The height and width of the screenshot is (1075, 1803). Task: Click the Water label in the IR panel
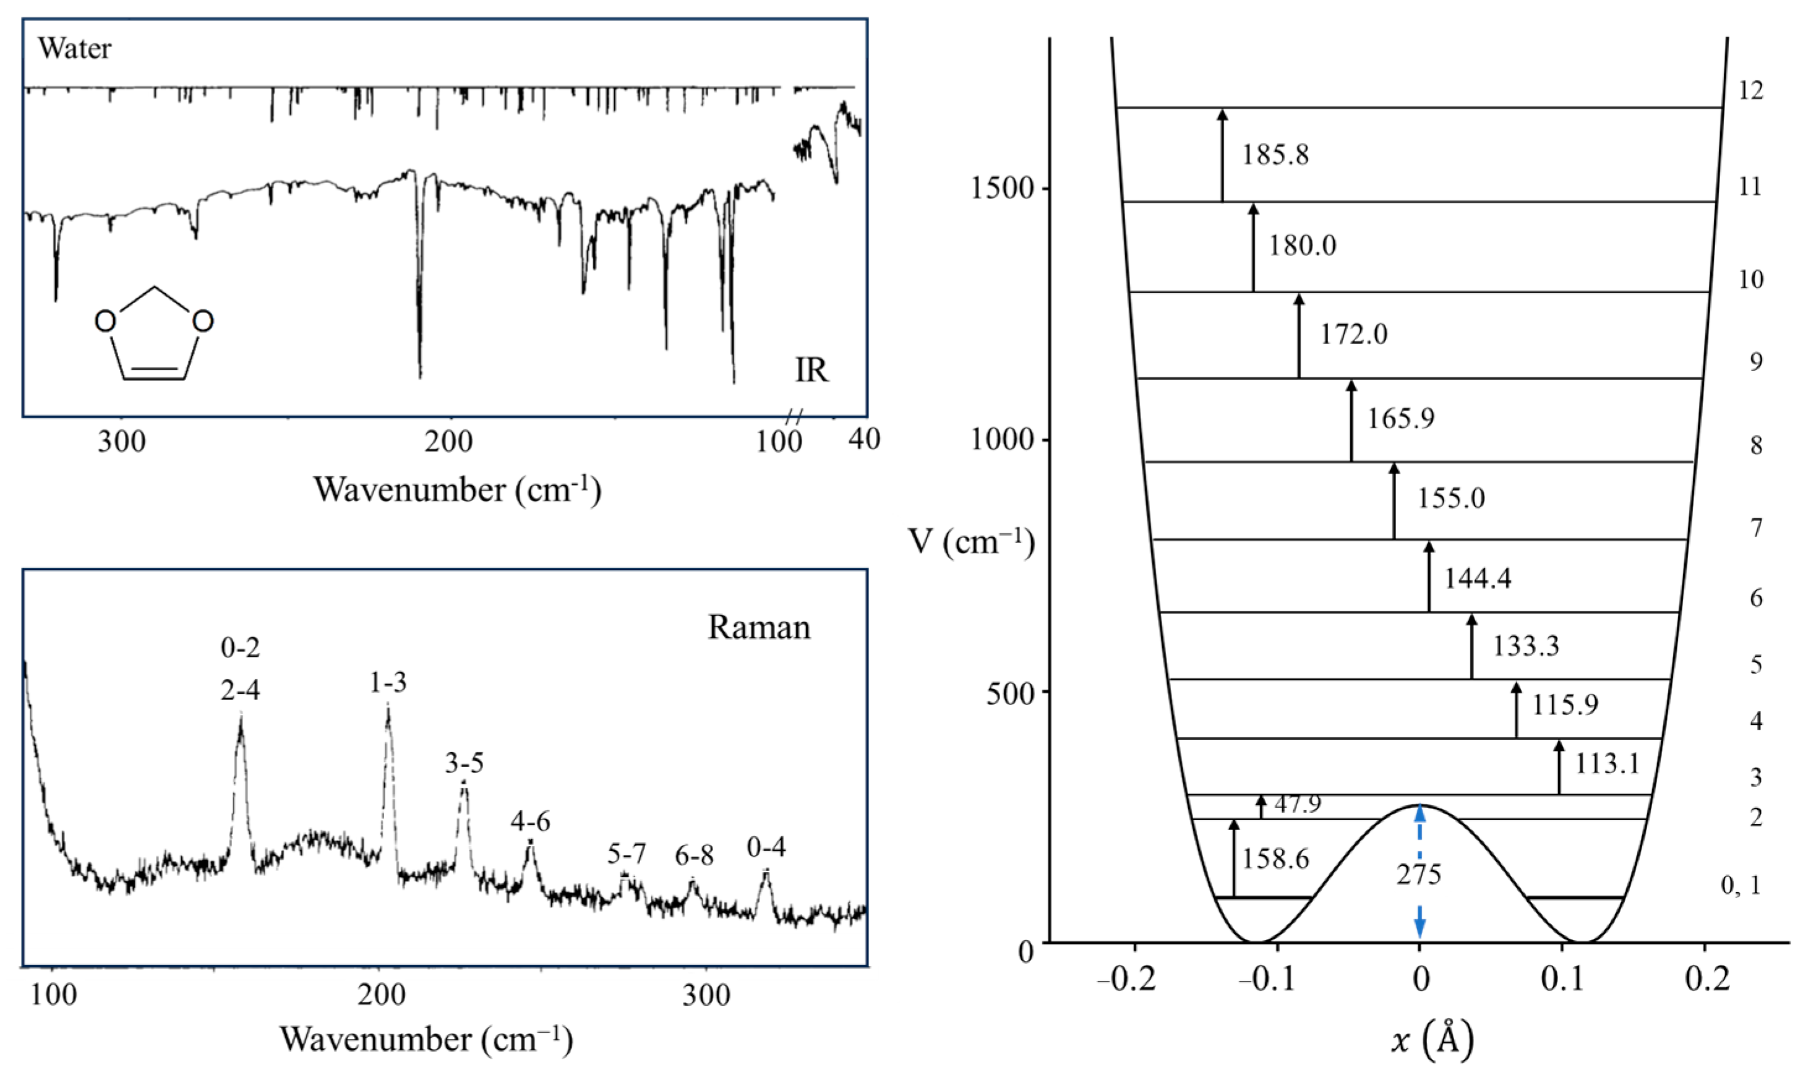tap(75, 48)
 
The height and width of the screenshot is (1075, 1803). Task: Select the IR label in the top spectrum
tap(811, 370)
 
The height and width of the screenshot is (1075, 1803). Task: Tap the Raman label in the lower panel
tap(758, 627)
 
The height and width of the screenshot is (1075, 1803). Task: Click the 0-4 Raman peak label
tap(766, 847)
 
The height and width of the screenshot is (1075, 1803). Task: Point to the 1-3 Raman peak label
tap(388, 682)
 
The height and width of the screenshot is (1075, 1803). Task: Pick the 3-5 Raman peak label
tap(464, 763)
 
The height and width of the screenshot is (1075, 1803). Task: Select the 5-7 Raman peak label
tap(626, 854)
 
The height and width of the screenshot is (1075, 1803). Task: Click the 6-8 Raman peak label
tap(694, 856)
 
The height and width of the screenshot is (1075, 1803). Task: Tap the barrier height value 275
tap(1418, 875)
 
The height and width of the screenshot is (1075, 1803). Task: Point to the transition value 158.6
tap(1275, 859)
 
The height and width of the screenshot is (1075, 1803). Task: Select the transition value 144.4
tap(1477, 578)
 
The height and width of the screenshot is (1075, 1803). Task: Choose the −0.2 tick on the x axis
tap(1126, 979)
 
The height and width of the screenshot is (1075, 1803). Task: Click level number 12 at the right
tap(1751, 90)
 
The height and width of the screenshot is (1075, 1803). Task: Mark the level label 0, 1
tap(1740, 885)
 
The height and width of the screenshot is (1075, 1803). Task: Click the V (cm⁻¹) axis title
tap(970, 542)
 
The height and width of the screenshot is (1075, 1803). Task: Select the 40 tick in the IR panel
tap(863, 439)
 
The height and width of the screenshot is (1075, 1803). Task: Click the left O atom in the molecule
tap(106, 321)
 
